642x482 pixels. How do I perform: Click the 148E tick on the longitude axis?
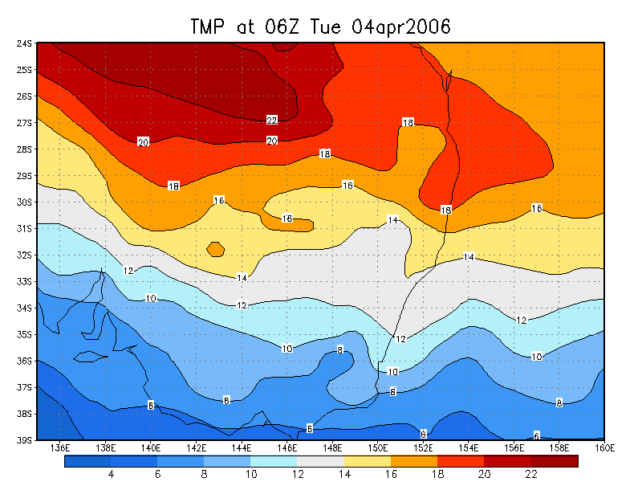pyautogui.click(x=332, y=447)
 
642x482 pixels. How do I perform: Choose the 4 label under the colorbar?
pyautogui.click(x=111, y=475)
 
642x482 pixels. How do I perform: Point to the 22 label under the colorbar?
pyautogui.click(x=530, y=475)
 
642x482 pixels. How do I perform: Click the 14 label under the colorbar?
pyautogui.click(x=344, y=475)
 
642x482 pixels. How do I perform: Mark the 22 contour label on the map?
pyautogui.click(x=272, y=120)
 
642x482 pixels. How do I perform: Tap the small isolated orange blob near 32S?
pyautogui.click(x=215, y=249)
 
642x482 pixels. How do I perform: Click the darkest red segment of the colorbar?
pyautogui.click(x=555, y=461)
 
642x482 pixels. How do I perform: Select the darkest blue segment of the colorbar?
pyautogui.click(x=87, y=461)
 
